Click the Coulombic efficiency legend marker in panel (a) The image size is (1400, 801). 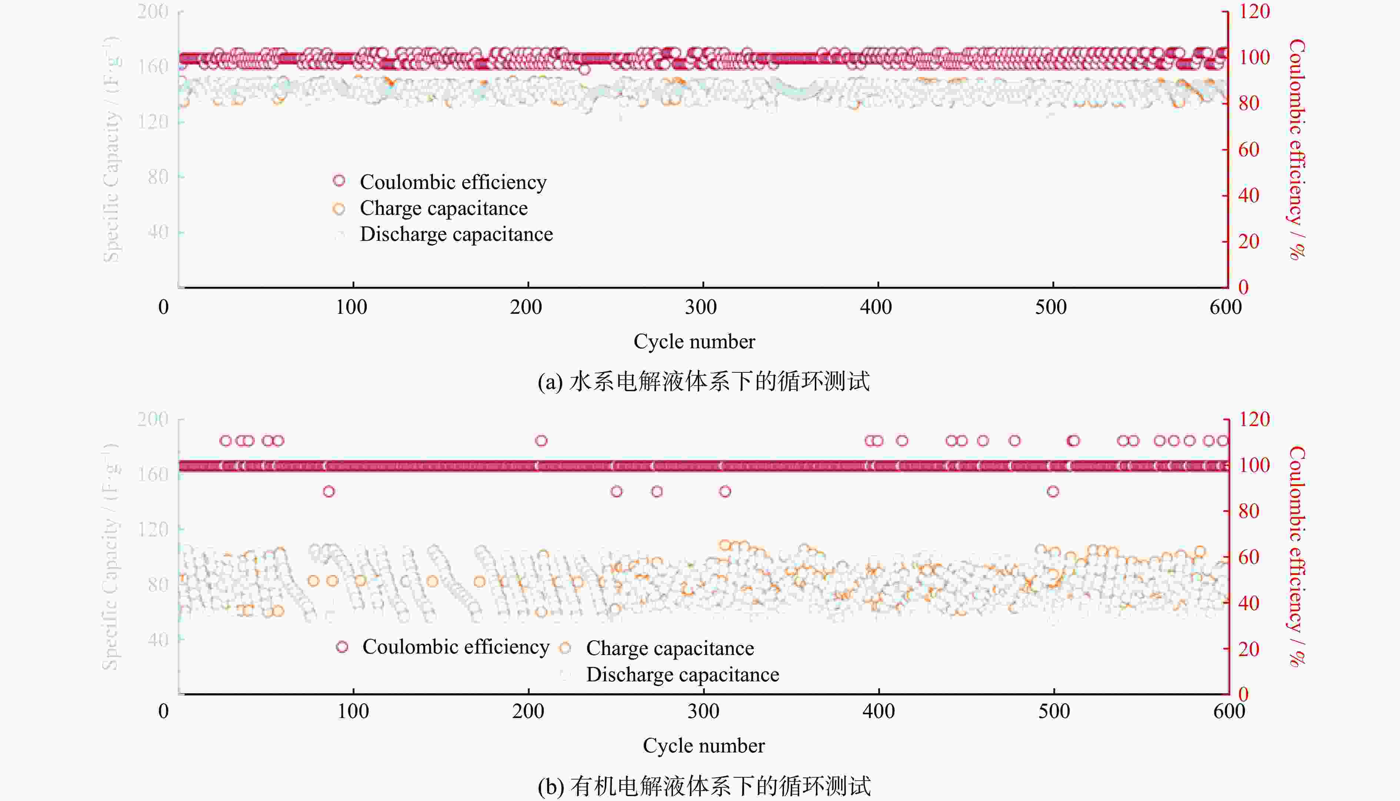339,180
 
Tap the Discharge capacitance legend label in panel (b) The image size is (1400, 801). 682,674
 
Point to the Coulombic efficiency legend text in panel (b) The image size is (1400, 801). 455,647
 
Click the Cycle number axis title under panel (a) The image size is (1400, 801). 694,342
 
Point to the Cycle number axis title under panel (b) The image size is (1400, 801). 703,745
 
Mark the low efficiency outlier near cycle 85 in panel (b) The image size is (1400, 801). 329,491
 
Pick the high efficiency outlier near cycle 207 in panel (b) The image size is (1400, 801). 541,441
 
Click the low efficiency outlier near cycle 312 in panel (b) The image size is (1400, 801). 725,491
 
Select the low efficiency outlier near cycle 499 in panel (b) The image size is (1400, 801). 1053,491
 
